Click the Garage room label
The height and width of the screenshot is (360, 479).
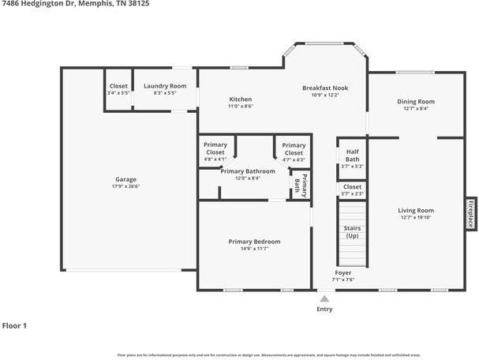(x=125, y=179)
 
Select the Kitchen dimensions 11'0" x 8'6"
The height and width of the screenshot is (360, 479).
(x=241, y=106)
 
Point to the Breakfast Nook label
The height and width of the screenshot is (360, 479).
(x=324, y=88)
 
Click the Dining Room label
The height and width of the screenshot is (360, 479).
(x=415, y=102)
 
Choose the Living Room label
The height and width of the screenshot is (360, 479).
(x=415, y=211)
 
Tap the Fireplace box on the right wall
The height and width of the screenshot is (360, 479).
(x=470, y=212)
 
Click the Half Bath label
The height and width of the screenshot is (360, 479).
(x=352, y=156)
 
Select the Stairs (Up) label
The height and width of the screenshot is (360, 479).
(x=352, y=231)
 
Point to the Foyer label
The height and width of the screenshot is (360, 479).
(x=343, y=272)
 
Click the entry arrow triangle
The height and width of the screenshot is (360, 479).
(x=324, y=298)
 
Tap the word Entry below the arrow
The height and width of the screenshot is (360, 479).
(x=324, y=309)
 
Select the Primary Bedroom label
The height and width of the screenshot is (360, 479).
(x=254, y=242)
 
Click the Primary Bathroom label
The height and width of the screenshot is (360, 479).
(x=248, y=171)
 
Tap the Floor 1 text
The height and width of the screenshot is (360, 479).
(x=14, y=325)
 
